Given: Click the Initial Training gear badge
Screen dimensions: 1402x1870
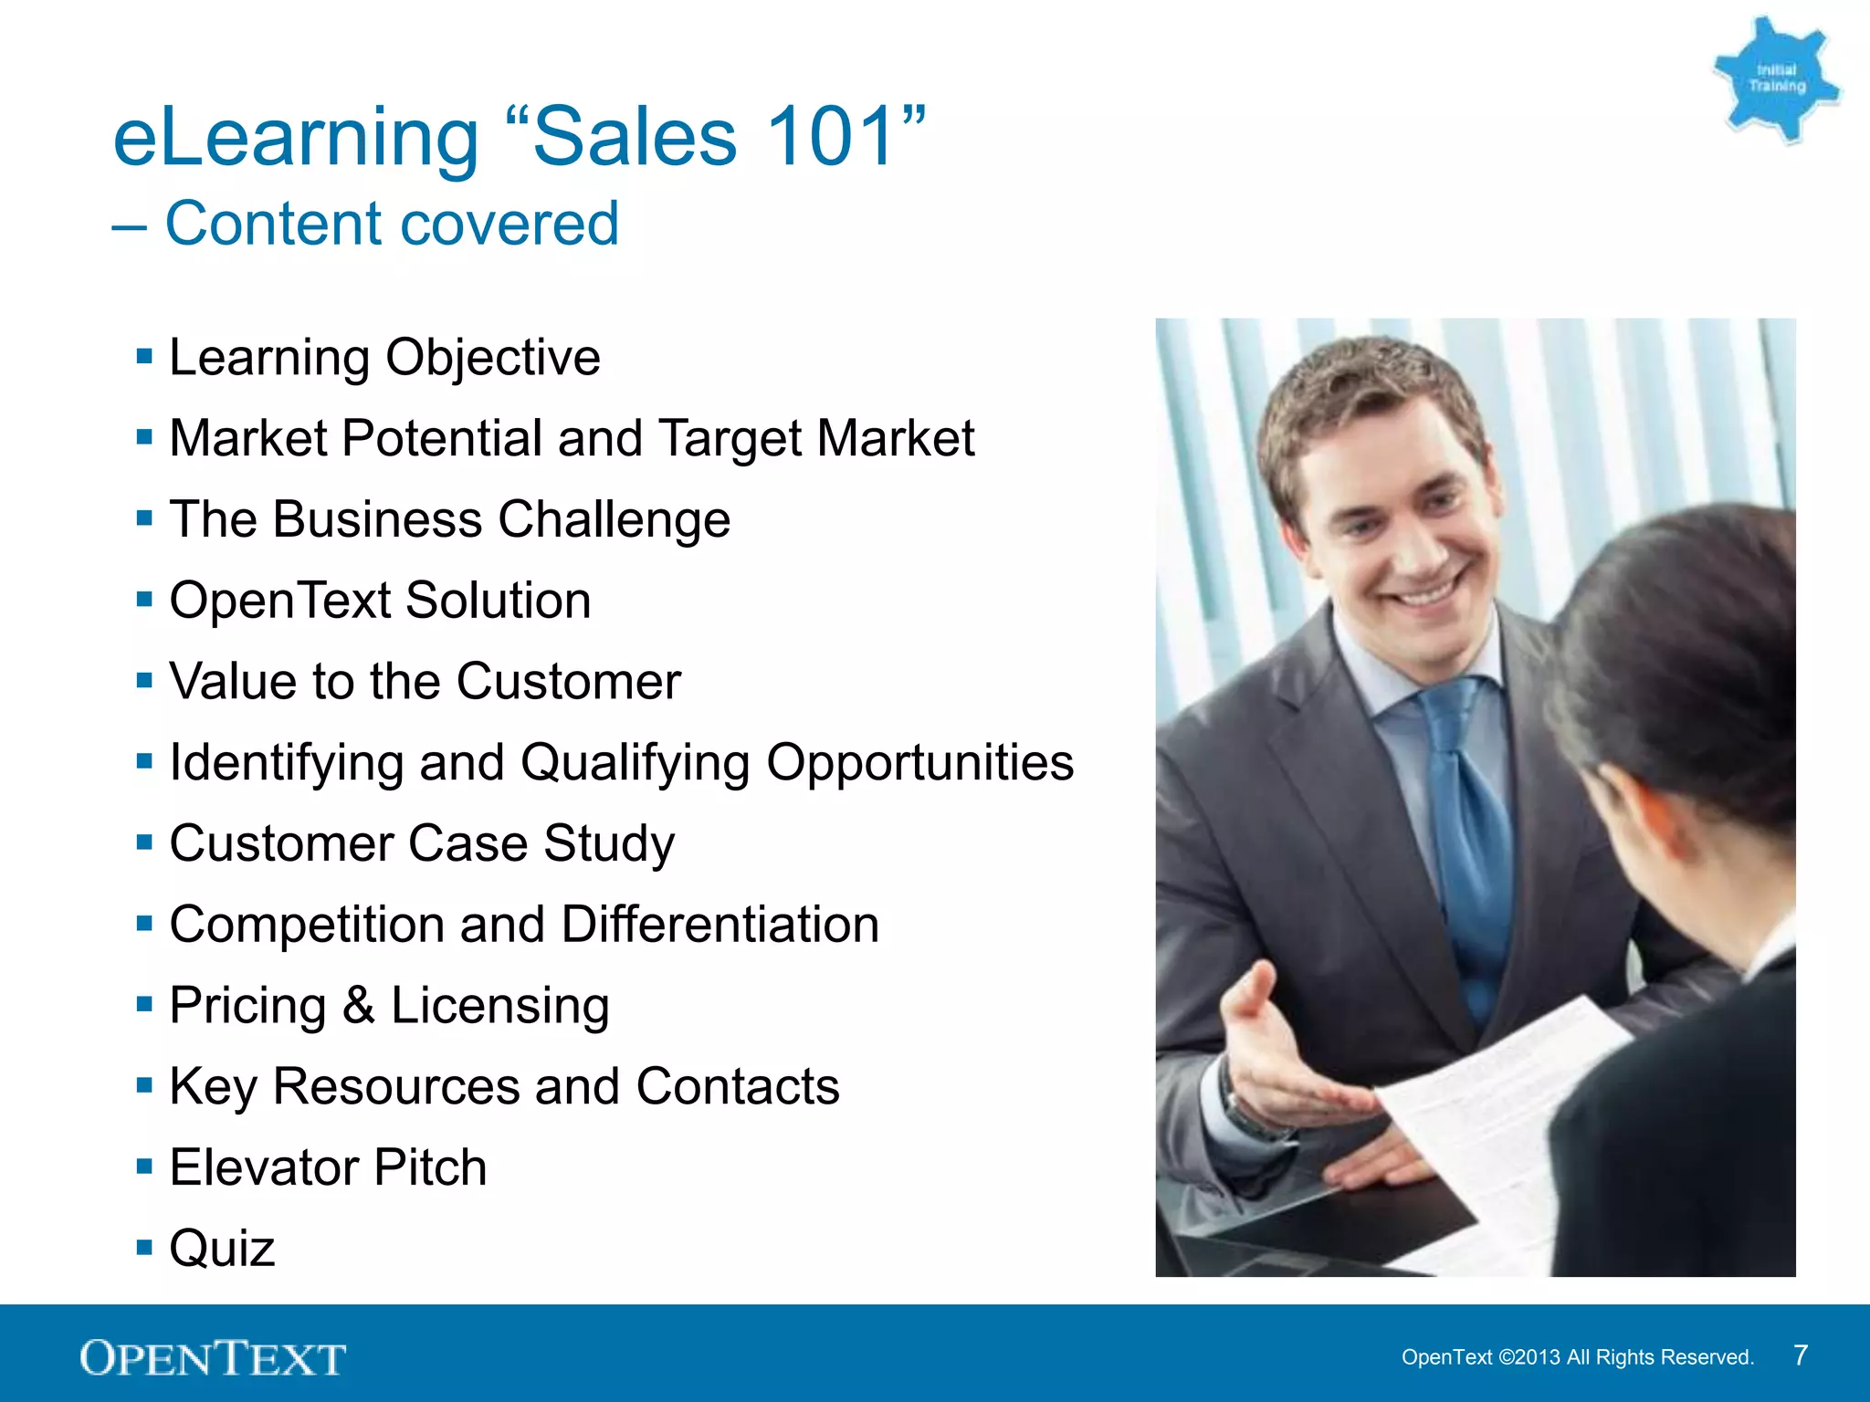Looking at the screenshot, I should click(1775, 80).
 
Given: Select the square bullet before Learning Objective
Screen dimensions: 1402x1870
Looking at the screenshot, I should click(144, 356).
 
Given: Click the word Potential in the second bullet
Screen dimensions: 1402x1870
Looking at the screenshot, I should click(442, 438).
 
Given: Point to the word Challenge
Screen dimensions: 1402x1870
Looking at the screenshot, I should click(614, 520).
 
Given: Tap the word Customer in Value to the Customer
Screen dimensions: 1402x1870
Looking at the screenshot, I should click(568, 682).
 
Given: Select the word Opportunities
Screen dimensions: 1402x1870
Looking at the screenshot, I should click(919, 763).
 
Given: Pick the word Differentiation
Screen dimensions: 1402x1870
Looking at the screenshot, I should click(720, 925).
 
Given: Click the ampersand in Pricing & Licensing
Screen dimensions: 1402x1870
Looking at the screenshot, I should click(359, 1006).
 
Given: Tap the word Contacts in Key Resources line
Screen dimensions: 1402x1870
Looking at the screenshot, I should click(737, 1086).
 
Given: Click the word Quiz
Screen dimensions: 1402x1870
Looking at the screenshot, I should click(222, 1249).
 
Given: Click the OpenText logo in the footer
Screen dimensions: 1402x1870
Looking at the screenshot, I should click(213, 1357).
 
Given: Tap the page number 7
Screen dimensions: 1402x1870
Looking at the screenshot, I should click(1800, 1355).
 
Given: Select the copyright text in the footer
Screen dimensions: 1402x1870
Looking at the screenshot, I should click(1577, 1357).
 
